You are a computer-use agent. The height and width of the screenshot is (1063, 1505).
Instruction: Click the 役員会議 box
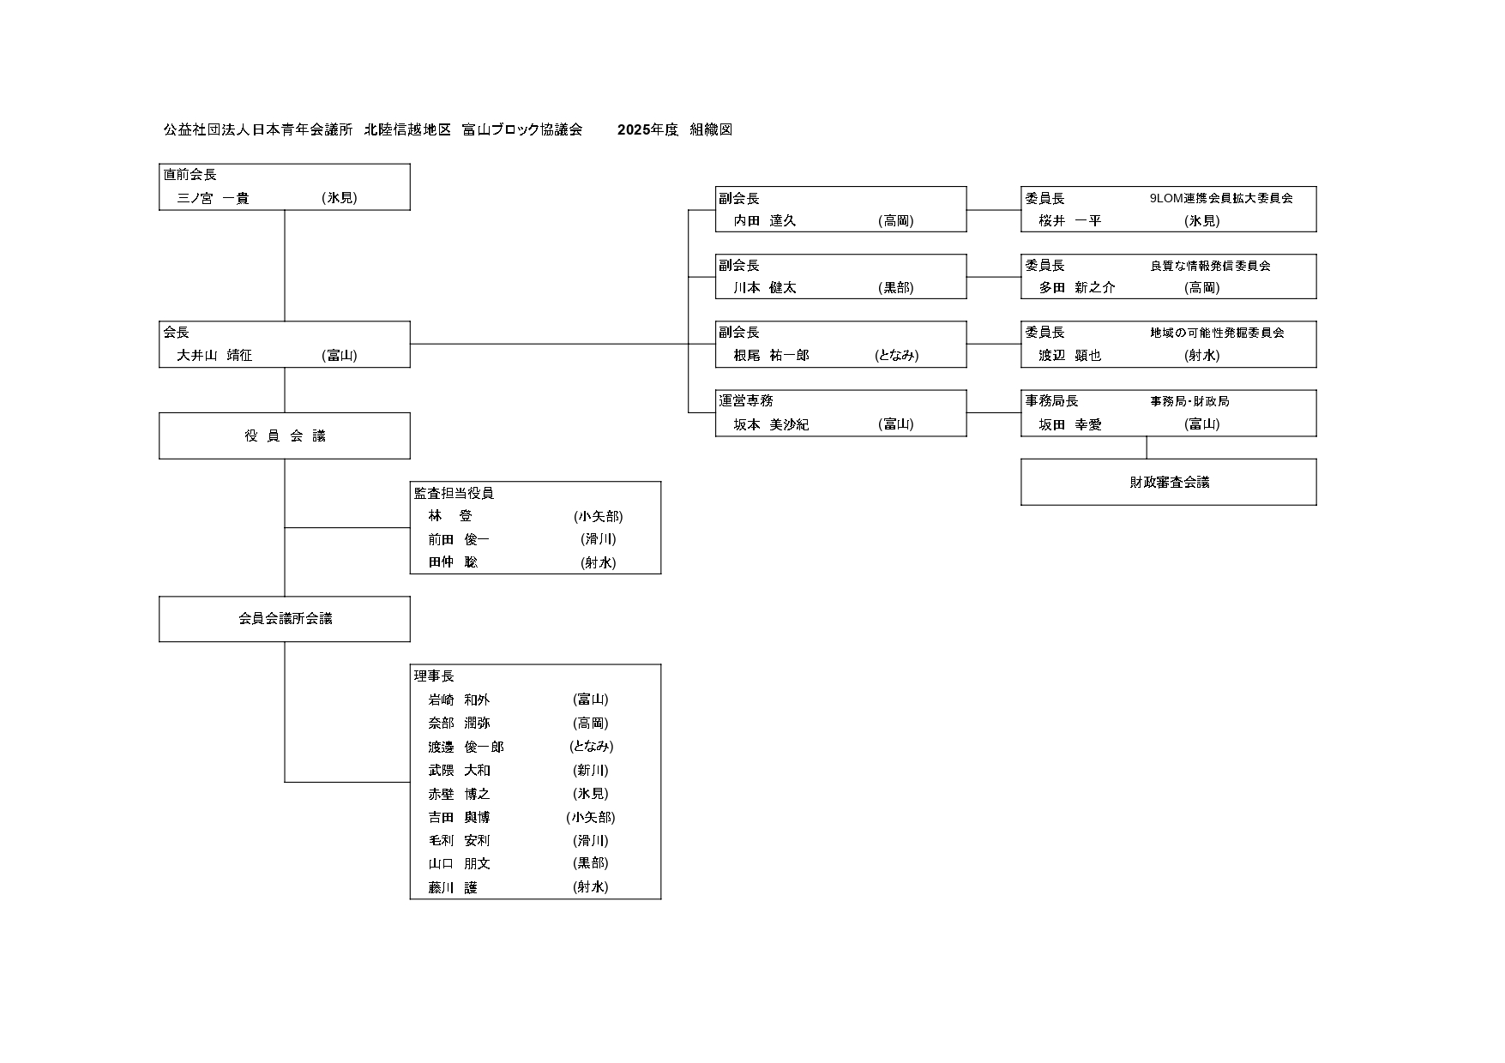(x=285, y=435)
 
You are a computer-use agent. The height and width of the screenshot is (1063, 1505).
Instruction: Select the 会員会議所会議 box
(x=285, y=618)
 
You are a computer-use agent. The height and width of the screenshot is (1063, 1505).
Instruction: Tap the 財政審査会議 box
(x=1168, y=483)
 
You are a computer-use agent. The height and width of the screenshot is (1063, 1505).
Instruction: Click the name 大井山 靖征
(x=214, y=355)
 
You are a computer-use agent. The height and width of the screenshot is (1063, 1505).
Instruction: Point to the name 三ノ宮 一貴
(x=213, y=198)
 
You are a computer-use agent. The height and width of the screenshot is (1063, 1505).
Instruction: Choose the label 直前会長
(x=190, y=175)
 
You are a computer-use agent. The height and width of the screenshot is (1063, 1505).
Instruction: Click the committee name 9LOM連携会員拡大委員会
(x=1220, y=198)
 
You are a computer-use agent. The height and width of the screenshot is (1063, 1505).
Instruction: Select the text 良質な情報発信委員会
(x=1210, y=266)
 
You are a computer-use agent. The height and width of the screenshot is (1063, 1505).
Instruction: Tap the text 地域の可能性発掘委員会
(x=1217, y=333)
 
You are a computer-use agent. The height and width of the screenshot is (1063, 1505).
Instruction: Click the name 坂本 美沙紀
(x=771, y=424)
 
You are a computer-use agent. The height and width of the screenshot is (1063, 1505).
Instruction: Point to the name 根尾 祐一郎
(x=771, y=355)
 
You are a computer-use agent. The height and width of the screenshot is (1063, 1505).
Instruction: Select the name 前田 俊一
(x=459, y=539)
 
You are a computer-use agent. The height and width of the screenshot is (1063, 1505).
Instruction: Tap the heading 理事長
(x=434, y=676)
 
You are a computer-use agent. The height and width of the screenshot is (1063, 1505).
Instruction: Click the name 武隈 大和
(x=460, y=770)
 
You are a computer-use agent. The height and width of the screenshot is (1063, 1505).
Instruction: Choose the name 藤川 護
(x=453, y=887)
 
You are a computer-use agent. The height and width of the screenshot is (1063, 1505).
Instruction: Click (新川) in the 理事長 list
(x=591, y=770)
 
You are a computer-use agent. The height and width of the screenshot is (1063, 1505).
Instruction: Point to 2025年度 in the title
(x=647, y=129)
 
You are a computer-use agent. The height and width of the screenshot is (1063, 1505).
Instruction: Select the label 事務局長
(x=1051, y=400)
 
